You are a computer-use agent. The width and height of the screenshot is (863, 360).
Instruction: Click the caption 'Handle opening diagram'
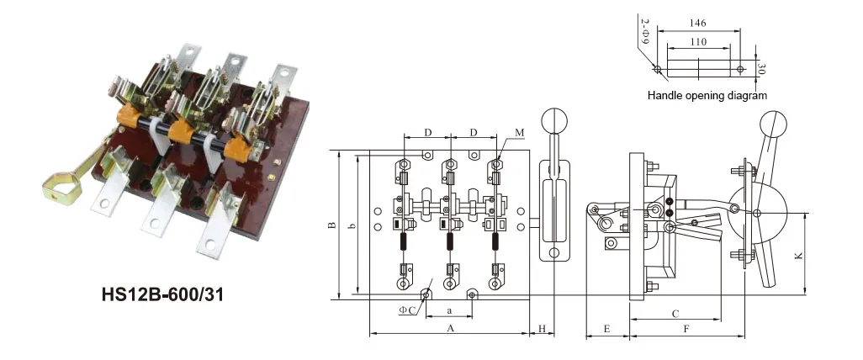707,96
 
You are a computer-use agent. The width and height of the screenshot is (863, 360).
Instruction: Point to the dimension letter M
520,133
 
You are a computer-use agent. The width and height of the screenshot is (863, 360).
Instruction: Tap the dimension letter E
606,327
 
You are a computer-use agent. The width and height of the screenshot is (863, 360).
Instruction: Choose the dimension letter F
686,327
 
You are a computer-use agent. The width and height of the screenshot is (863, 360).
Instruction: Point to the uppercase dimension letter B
333,225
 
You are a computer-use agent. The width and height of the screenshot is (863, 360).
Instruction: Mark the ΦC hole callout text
407,310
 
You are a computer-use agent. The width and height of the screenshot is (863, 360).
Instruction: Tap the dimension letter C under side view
675,313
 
